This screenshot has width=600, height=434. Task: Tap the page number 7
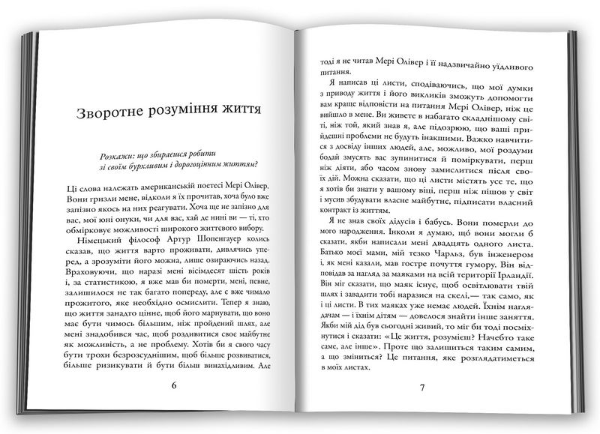coord(422,388)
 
